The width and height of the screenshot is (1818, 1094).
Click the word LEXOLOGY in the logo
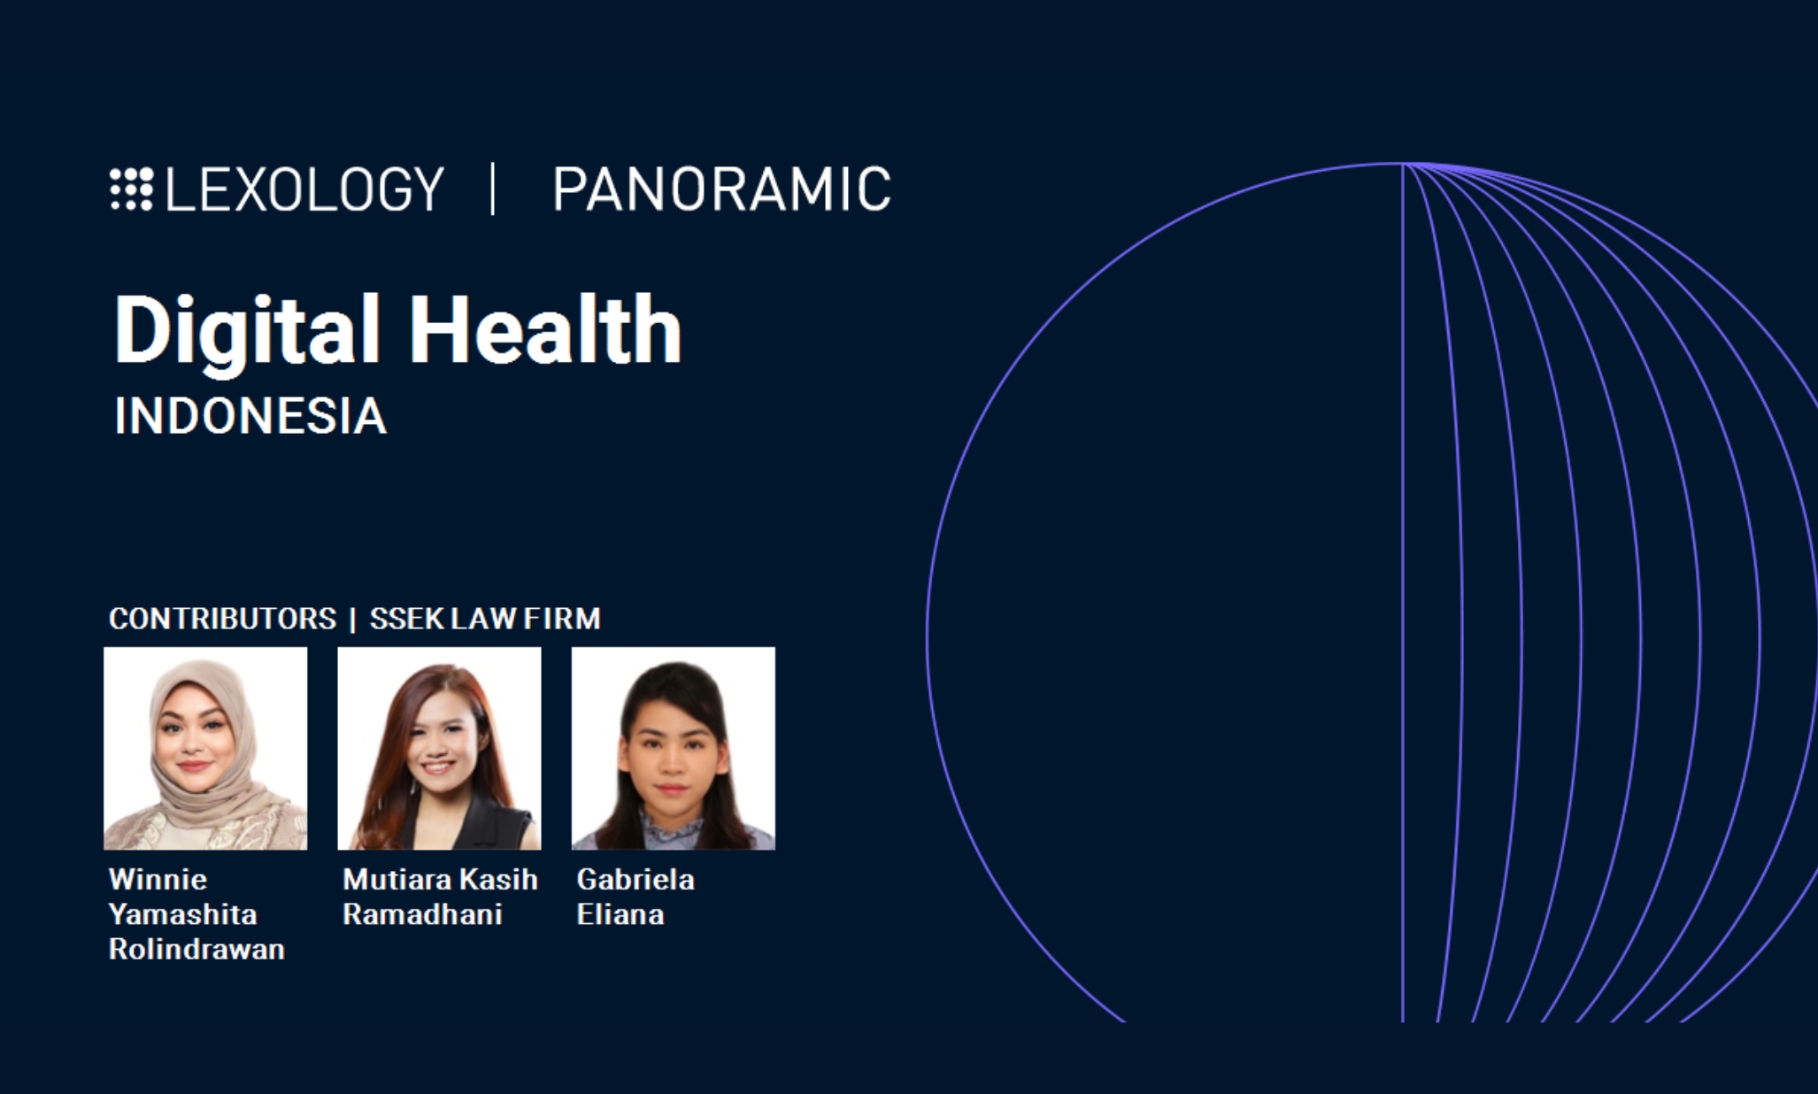pos(304,189)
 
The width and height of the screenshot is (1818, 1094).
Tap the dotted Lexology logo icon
pos(132,189)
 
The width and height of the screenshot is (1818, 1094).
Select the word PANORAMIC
pos(721,189)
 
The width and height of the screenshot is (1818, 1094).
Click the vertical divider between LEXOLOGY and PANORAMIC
pos(493,189)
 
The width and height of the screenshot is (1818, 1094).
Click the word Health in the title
pos(545,329)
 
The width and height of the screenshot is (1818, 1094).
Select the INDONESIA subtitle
pos(250,416)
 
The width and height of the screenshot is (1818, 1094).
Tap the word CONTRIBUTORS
pos(222,619)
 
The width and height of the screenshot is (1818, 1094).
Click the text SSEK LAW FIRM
pos(485,619)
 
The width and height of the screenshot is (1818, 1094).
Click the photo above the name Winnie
pos(205,749)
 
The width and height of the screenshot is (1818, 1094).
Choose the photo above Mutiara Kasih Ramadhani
pos(439,749)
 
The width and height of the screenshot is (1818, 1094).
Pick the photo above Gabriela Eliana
pos(673,749)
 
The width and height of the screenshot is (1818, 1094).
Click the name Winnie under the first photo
pos(158,879)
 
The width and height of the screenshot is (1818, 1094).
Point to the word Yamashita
pos(182,913)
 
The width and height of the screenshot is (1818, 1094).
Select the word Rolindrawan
pos(196,949)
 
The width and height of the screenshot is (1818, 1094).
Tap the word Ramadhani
pos(422,913)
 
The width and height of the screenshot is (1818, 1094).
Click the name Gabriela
pos(636,879)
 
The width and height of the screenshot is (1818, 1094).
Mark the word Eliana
pos(620,913)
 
